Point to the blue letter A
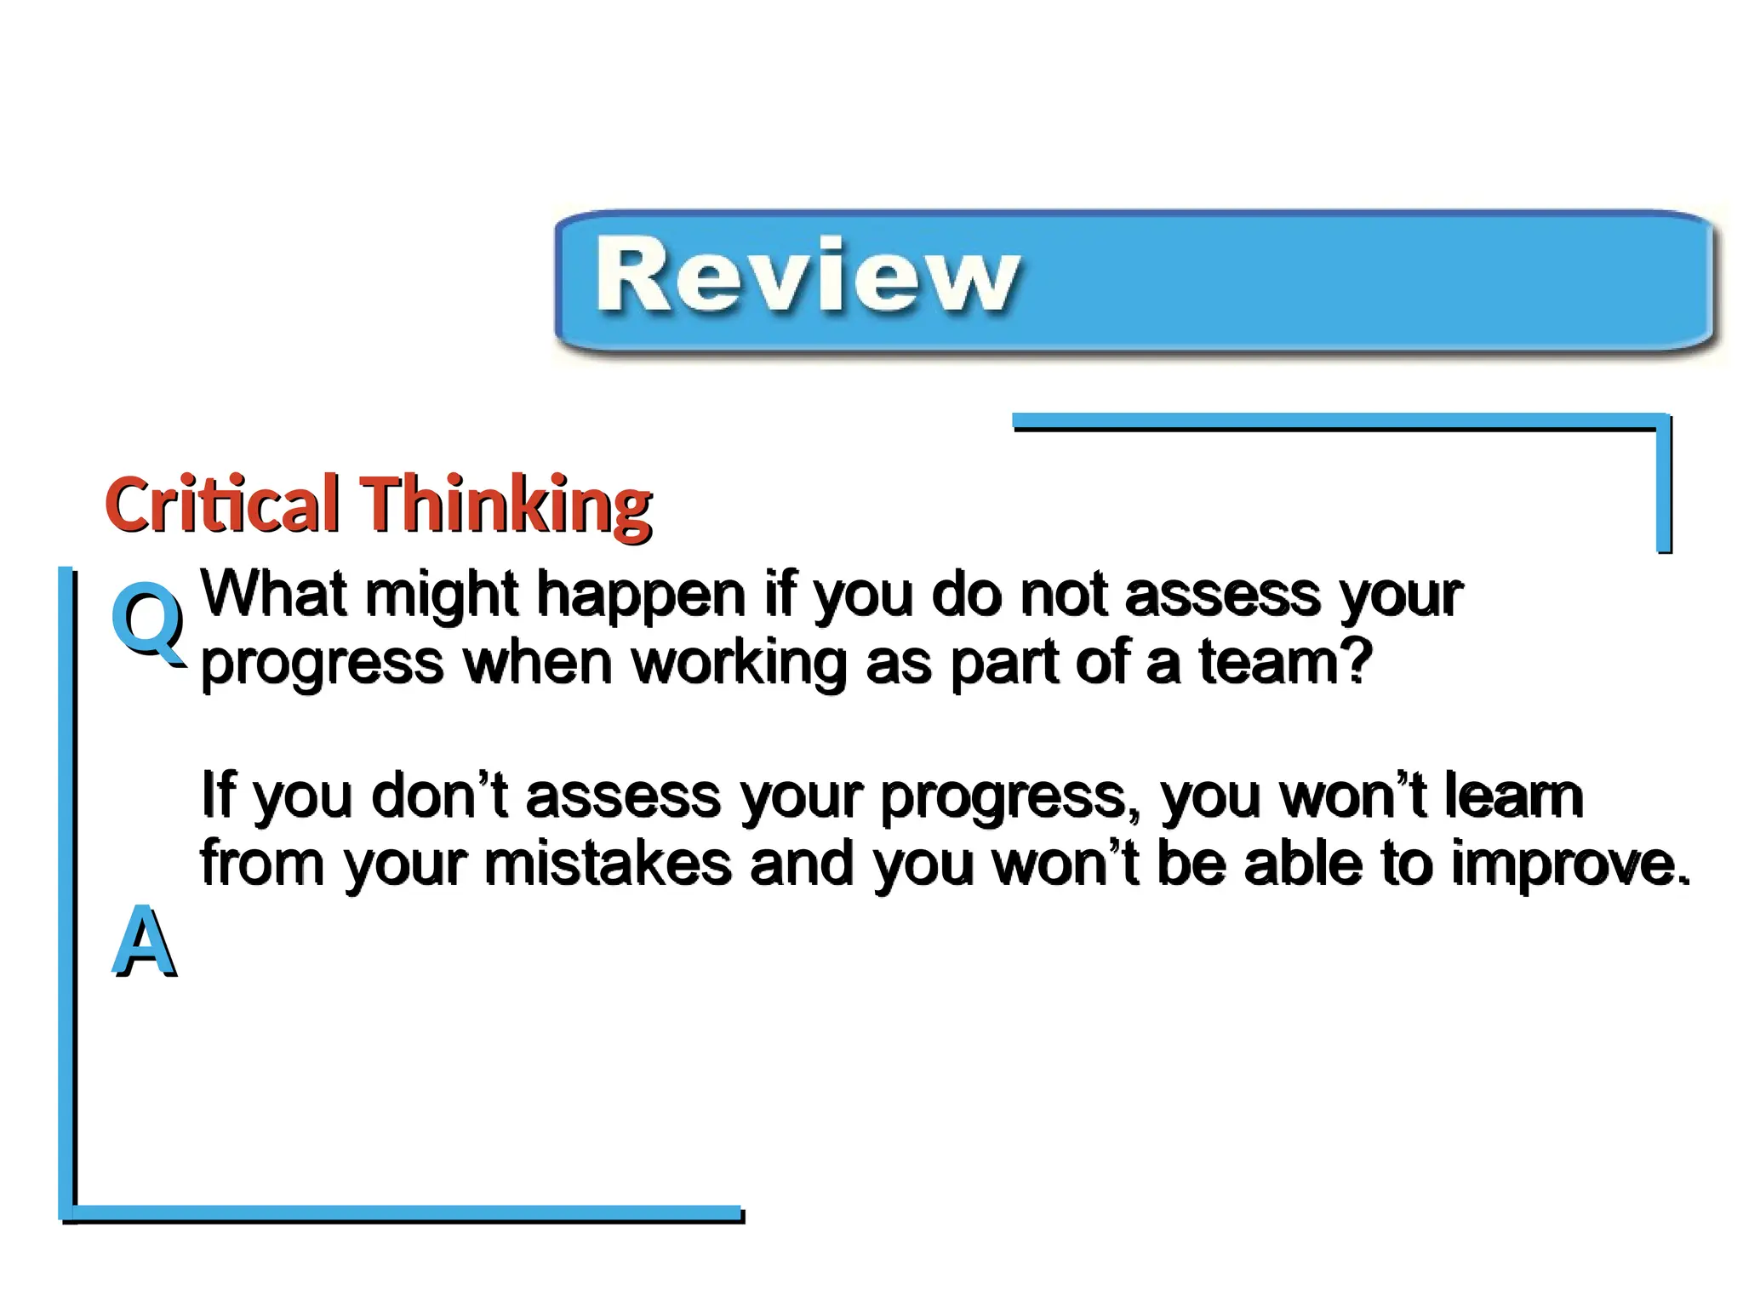click(x=144, y=941)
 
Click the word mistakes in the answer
click(x=608, y=864)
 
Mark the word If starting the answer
click(x=217, y=795)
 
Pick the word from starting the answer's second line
click(x=262, y=863)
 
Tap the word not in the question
click(x=1062, y=594)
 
